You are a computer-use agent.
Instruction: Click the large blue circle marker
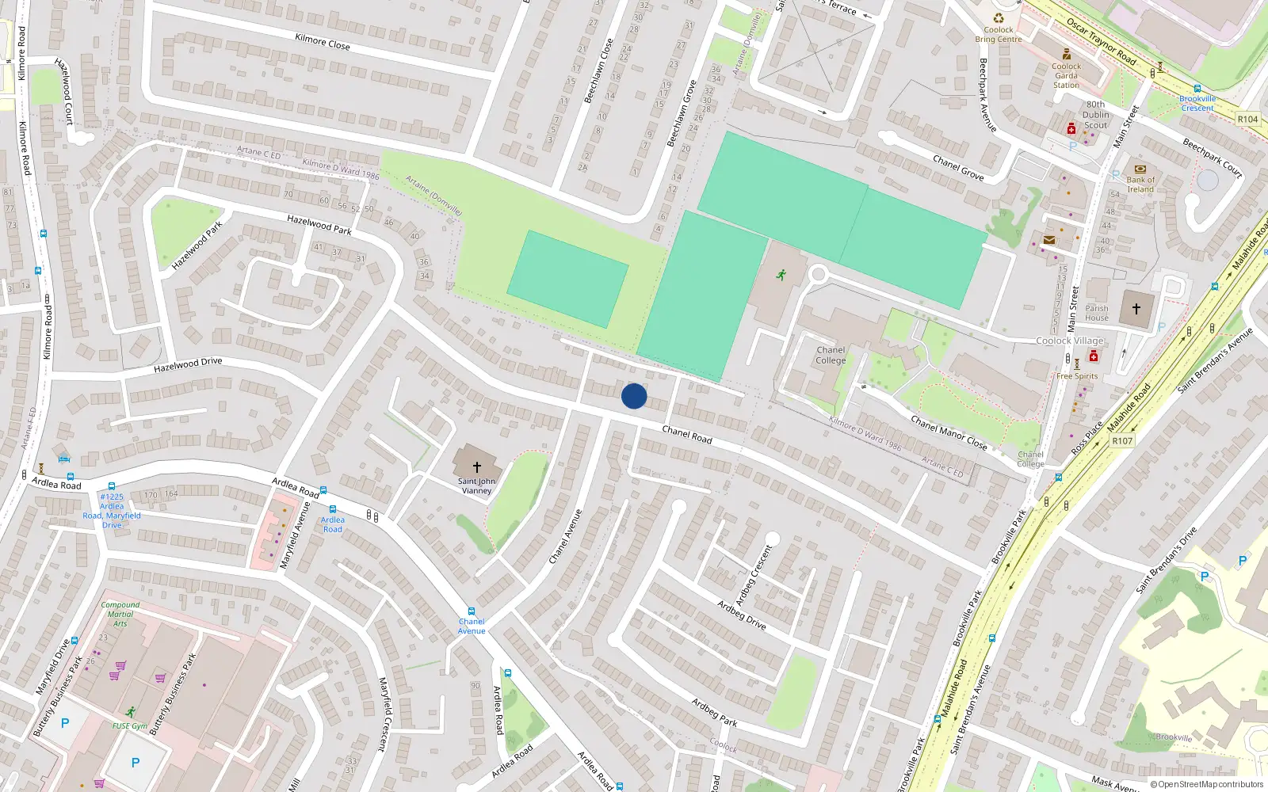coord(634,396)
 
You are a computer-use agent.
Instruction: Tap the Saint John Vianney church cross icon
coord(476,467)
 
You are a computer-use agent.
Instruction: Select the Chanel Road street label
coord(686,434)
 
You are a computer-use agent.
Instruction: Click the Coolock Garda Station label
coord(1066,76)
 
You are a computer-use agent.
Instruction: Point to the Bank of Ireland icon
coord(1140,169)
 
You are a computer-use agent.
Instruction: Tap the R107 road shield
coord(1122,441)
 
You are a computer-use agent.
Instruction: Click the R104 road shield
coord(1247,119)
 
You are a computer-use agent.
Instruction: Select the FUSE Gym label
coord(130,725)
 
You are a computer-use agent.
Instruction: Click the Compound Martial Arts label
coord(120,614)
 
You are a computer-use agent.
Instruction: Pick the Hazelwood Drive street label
coord(188,364)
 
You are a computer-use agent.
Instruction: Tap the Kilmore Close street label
coord(322,41)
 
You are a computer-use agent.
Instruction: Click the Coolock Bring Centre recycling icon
coord(999,18)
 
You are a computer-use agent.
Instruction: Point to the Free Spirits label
coord(1077,376)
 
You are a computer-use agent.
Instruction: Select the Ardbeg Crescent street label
coord(754,575)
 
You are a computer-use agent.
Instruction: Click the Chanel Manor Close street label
coord(949,432)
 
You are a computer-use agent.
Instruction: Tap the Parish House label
coord(1097,313)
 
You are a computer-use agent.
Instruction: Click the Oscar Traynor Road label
coord(1101,42)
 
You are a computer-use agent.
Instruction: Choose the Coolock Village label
coord(1070,341)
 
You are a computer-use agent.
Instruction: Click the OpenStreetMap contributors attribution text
coord(1206,784)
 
